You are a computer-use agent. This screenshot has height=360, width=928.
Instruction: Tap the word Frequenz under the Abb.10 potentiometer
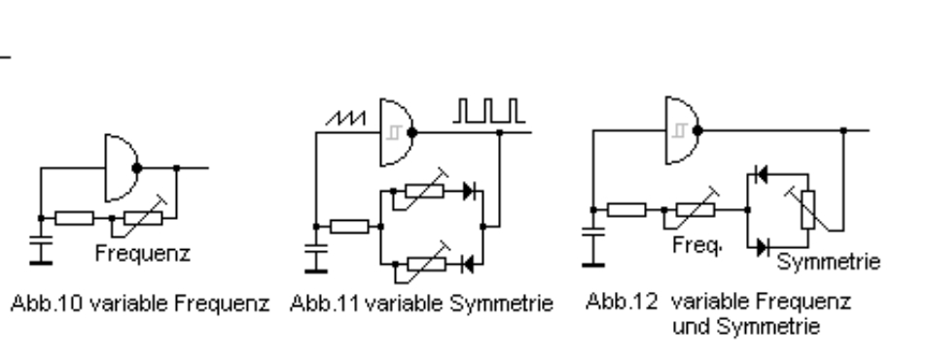[143, 253]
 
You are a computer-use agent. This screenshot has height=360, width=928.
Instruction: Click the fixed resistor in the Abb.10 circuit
[74, 219]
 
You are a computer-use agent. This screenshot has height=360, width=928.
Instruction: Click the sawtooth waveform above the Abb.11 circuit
[345, 118]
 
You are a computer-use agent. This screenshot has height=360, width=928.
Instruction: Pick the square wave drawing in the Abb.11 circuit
[489, 111]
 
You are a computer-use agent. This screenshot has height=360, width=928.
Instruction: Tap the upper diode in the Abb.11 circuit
[469, 192]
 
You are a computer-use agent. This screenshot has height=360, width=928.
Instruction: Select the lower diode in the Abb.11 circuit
[468, 264]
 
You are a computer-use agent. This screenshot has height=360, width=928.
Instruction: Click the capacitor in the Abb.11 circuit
[316, 257]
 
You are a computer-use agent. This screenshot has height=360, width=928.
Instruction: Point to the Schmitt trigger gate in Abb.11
[398, 132]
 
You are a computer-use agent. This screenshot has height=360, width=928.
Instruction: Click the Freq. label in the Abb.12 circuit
[697, 245]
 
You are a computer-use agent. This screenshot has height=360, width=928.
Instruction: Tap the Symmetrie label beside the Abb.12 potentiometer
[829, 262]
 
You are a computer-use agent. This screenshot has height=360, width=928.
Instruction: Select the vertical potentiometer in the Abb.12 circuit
[807, 209]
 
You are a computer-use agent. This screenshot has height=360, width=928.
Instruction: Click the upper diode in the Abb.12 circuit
[762, 175]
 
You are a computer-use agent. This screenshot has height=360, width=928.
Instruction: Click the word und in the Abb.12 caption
[690, 326]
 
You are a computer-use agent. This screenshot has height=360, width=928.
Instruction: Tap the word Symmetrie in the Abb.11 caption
[501, 304]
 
